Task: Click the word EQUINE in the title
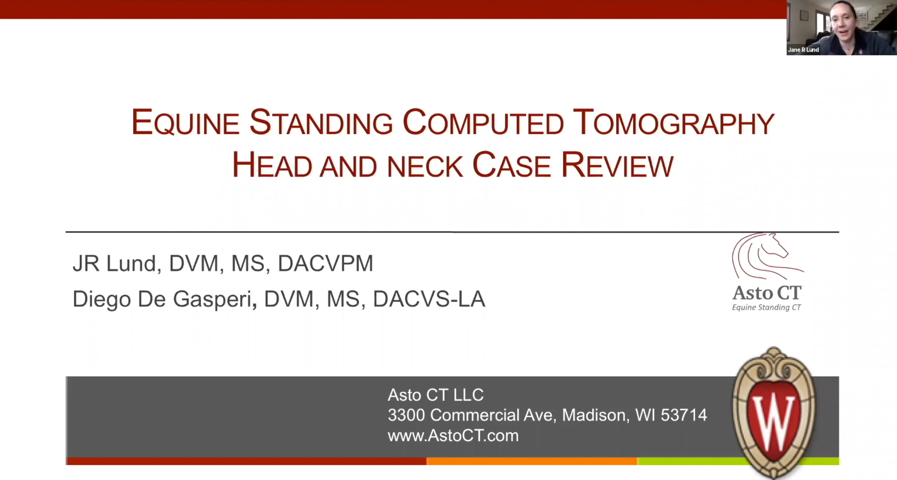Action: (185, 123)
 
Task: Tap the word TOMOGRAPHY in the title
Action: (673, 123)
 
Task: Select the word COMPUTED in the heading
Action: (483, 123)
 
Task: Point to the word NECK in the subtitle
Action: (424, 166)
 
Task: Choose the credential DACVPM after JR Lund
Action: (325, 264)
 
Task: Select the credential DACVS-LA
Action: (429, 300)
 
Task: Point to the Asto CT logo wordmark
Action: (767, 293)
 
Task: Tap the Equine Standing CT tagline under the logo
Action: (766, 307)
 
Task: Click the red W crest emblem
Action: (774, 413)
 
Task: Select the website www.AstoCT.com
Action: (453, 436)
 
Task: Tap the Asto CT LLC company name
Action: (436, 395)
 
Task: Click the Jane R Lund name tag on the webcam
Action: (803, 50)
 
